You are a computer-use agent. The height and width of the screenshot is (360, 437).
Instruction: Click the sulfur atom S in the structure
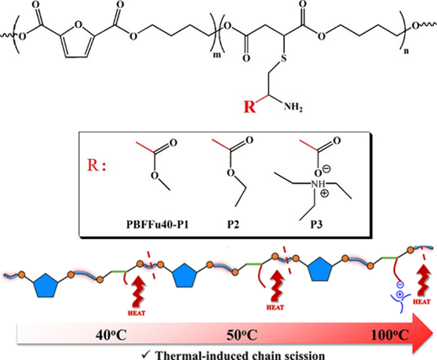click(x=284, y=58)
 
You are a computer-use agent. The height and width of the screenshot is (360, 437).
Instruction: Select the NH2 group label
click(x=293, y=107)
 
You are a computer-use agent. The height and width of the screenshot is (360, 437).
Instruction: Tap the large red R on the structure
click(x=250, y=107)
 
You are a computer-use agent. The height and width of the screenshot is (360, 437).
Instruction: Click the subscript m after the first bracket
click(x=217, y=55)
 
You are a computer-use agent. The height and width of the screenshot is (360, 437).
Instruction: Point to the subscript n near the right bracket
click(x=406, y=51)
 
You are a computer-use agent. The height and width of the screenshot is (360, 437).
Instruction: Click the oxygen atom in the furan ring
click(x=78, y=24)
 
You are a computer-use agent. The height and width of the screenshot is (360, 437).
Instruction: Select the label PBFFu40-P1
click(x=157, y=225)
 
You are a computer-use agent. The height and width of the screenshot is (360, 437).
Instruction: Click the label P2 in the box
click(x=234, y=225)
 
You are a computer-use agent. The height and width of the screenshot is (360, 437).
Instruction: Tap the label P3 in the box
click(x=316, y=225)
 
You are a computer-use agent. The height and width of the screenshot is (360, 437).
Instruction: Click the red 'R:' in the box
click(x=97, y=166)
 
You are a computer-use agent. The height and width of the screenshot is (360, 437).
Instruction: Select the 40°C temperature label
click(x=111, y=336)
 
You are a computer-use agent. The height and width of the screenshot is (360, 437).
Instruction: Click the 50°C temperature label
click(x=242, y=336)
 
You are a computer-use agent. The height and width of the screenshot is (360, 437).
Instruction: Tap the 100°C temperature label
click(x=390, y=336)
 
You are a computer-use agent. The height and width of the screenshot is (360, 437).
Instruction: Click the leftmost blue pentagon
click(x=45, y=285)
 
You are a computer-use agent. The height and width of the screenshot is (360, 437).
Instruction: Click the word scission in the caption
click(x=301, y=356)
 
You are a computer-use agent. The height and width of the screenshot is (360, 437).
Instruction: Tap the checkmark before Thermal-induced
click(x=146, y=355)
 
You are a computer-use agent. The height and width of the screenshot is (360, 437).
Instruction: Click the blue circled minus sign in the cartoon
click(x=400, y=285)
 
